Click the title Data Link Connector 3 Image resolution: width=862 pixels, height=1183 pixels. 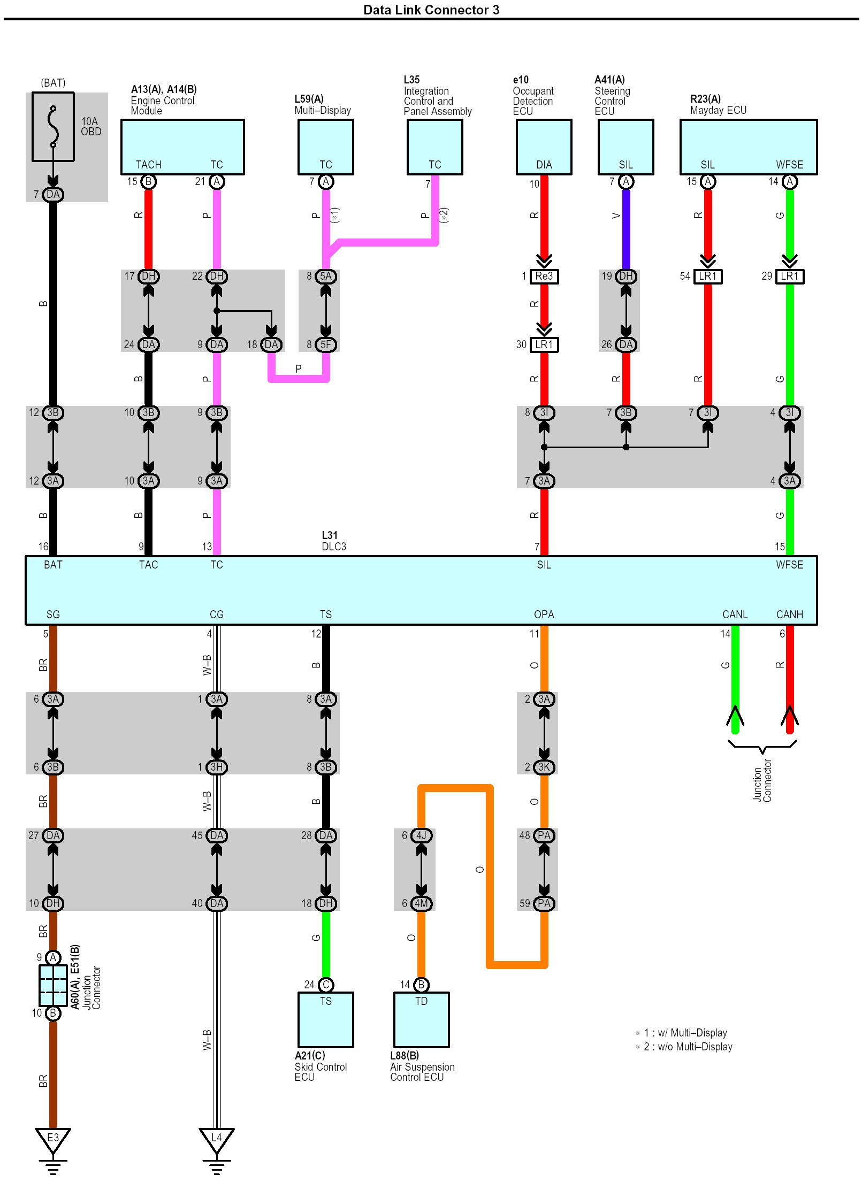(431, 10)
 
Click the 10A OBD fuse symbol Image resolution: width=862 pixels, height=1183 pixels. (53, 127)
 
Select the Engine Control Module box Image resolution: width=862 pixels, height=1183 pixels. (182, 147)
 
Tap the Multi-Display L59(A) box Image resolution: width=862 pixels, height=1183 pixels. (325, 147)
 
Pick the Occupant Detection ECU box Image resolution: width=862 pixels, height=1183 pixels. (544, 147)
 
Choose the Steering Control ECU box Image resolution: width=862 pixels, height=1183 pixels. (625, 147)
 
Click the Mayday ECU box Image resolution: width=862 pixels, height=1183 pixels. (748, 147)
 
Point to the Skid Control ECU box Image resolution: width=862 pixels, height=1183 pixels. (325, 1019)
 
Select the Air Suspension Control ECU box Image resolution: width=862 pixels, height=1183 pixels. (421, 1019)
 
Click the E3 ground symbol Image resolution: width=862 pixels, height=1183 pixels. (53, 1139)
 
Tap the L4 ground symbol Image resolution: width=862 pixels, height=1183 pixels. (217, 1139)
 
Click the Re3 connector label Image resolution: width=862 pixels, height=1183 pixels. (544, 276)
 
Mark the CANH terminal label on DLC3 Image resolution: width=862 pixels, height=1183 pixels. (789, 614)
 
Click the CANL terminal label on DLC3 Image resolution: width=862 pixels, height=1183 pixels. (735, 614)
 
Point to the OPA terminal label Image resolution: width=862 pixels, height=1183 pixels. (544, 614)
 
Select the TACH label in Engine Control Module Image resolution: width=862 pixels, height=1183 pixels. (148, 165)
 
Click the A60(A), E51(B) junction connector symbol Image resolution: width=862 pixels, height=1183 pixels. (53, 985)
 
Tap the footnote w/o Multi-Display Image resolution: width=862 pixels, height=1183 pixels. (688, 1047)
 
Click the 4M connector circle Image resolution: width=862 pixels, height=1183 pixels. (421, 903)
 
